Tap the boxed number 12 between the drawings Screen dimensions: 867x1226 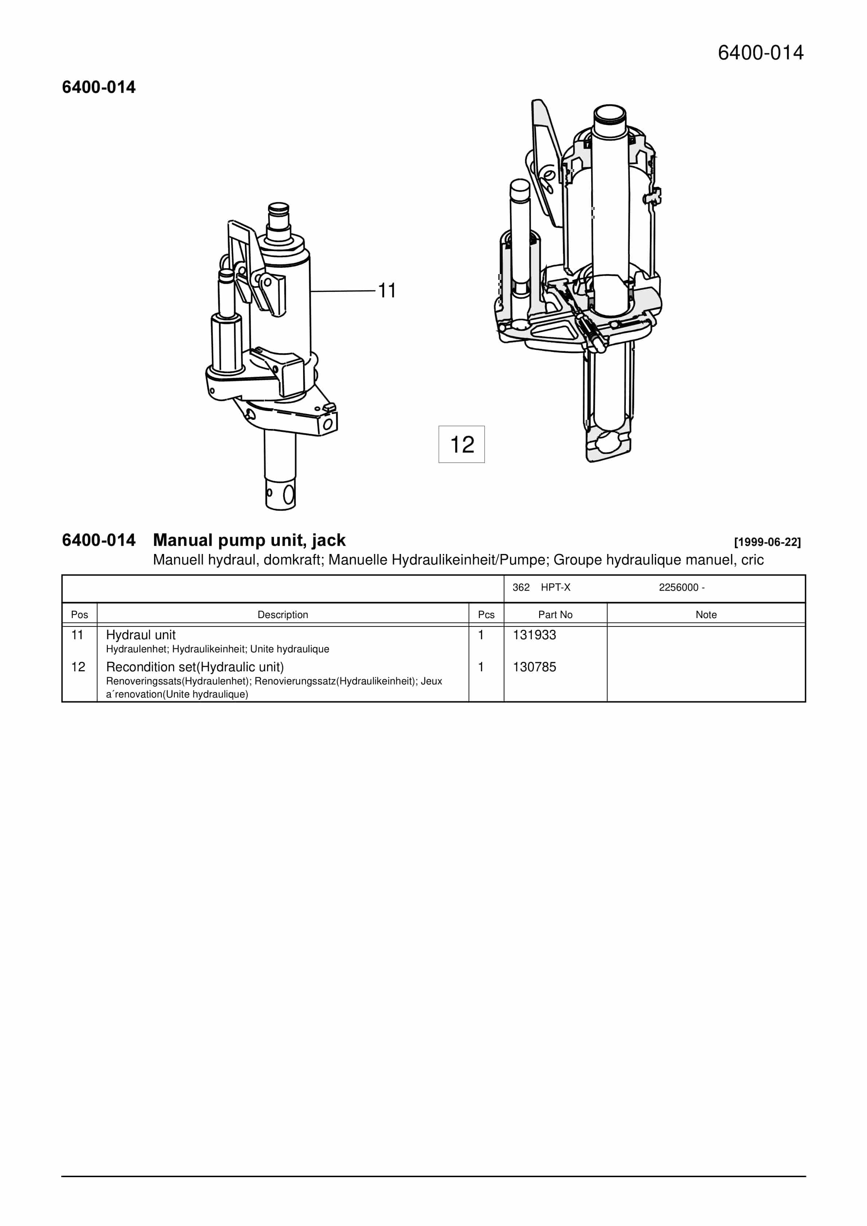pyautogui.click(x=462, y=444)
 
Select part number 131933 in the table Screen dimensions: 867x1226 pyautogui.click(x=534, y=635)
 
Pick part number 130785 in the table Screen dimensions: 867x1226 pyautogui.click(x=534, y=667)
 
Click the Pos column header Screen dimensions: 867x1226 pyautogui.click(x=79, y=614)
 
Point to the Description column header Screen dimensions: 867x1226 pyautogui.click(x=283, y=614)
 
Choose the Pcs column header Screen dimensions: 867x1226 pyautogui.click(x=486, y=614)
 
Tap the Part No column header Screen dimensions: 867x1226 pyautogui.click(x=555, y=614)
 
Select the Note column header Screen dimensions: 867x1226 pyautogui.click(x=706, y=614)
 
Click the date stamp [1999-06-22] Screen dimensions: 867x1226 pyautogui.click(x=768, y=542)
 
